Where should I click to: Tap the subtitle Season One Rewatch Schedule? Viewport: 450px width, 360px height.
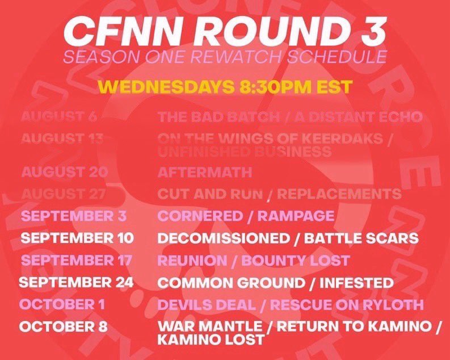(x=225, y=58)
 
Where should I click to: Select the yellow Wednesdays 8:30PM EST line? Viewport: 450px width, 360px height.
(x=225, y=86)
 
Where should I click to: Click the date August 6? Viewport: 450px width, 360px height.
(x=59, y=117)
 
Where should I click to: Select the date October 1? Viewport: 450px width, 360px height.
(x=62, y=304)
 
